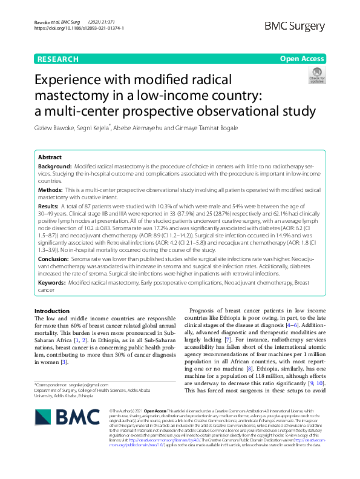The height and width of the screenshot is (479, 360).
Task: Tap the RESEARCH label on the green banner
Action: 57,59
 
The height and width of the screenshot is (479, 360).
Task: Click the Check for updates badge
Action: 316,76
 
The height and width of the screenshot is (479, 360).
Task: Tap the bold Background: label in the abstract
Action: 54,166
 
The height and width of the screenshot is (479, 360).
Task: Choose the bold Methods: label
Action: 51,190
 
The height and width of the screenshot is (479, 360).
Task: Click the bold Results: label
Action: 50,206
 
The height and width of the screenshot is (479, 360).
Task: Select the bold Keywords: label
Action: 52,283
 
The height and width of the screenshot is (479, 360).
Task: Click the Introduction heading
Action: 52,311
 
